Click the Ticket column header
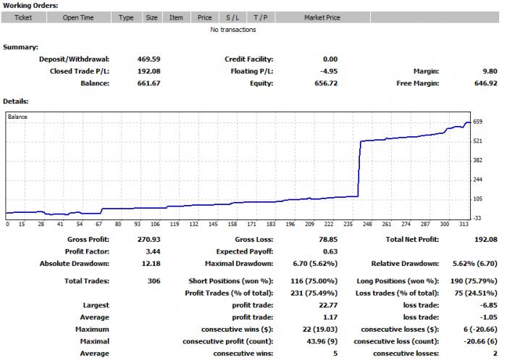(23, 17)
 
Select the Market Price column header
(322, 17)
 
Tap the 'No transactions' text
(232, 30)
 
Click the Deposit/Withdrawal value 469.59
(148, 59)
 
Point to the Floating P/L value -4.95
(330, 71)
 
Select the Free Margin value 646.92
(486, 83)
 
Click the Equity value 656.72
(326, 83)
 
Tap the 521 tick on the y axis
(477, 141)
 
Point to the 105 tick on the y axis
(477, 198)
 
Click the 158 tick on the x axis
(232, 224)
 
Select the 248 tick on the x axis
(367, 224)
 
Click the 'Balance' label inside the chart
(17, 117)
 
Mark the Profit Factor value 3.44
(153, 251)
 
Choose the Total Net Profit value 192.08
(486, 239)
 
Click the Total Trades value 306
(154, 281)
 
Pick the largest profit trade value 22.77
(328, 305)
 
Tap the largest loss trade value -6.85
(489, 305)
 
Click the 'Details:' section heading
(16, 101)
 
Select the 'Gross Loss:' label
(253, 239)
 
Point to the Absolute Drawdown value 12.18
(151, 264)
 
